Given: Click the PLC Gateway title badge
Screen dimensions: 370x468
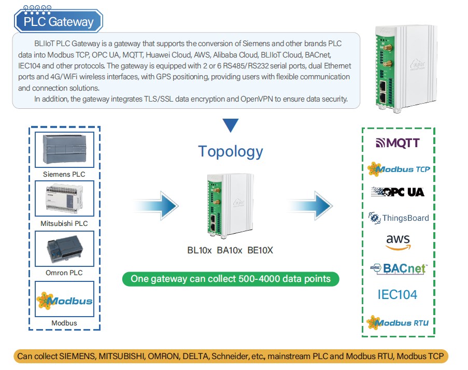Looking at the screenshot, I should pyautogui.click(x=59, y=22).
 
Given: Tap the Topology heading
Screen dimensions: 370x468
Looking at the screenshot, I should pyautogui.click(x=231, y=151).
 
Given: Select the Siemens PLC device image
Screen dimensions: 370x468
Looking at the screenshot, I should pyautogui.click(x=64, y=150).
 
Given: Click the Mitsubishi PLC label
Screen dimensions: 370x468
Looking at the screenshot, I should pyautogui.click(x=64, y=223).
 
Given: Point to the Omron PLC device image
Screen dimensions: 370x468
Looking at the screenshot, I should pyautogui.click(x=64, y=248).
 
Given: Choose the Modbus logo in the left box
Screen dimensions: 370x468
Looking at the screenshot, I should pyautogui.click(x=64, y=300).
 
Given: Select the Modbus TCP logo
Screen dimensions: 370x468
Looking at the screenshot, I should pyautogui.click(x=398, y=168).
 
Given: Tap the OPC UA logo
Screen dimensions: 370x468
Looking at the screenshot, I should pyautogui.click(x=398, y=192).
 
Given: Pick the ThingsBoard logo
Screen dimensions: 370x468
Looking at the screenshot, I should pyautogui.click(x=398, y=218).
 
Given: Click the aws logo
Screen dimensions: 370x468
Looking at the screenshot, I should pyautogui.click(x=398, y=242).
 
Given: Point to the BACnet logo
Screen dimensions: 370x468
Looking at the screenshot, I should pyautogui.click(x=398, y=268).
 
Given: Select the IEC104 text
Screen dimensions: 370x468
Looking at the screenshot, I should pyautogui.click(x=397, y=295).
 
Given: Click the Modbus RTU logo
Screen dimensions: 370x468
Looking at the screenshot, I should pyautogui.click(x=398, y=322).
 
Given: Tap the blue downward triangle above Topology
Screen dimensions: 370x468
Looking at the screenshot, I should pyautogui.click(x=230, y=125).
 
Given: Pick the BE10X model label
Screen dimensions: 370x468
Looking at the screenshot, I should pyautogui.click(x=260, y=251).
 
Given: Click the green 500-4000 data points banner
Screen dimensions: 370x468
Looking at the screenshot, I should pyautogui.click(x=231, y=279).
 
